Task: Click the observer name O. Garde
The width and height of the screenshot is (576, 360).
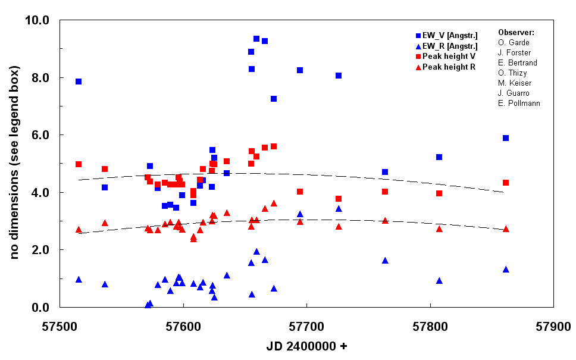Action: (513, 42)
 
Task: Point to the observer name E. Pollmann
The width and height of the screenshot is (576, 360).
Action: (519, 103)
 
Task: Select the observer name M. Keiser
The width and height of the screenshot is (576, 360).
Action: (515, 83)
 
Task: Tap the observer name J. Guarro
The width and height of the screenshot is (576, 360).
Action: (514, 93)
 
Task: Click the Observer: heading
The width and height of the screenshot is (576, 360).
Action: (516, 32)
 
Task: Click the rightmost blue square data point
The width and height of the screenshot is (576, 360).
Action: (506, 138)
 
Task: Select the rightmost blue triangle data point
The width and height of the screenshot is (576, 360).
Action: (506, 270)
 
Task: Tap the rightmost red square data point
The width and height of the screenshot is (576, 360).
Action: (506, 183)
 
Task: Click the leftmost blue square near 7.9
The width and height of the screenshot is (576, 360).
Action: (79, 82)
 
